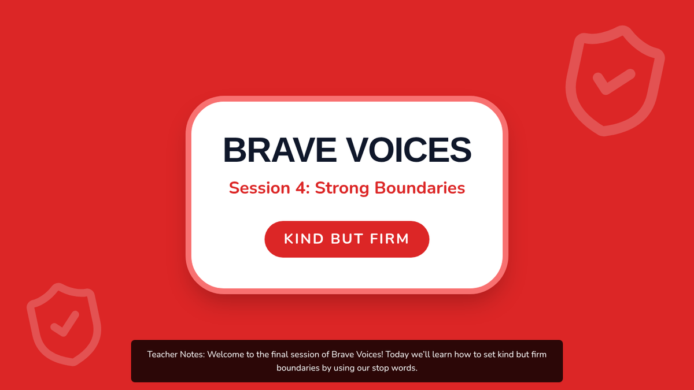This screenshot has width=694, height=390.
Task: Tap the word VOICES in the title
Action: point(409,150)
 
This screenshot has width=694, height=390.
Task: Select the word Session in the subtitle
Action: point(259,188)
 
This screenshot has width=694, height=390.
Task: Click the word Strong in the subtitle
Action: point(342,188)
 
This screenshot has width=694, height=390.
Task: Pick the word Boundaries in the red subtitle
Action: point(420,188)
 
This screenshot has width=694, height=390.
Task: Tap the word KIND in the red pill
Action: point(304,239)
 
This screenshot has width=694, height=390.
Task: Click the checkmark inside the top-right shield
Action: point(614,81)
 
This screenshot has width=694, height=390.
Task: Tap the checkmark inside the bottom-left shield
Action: point(65,324)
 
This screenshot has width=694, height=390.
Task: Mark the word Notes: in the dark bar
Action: point(193,354)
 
